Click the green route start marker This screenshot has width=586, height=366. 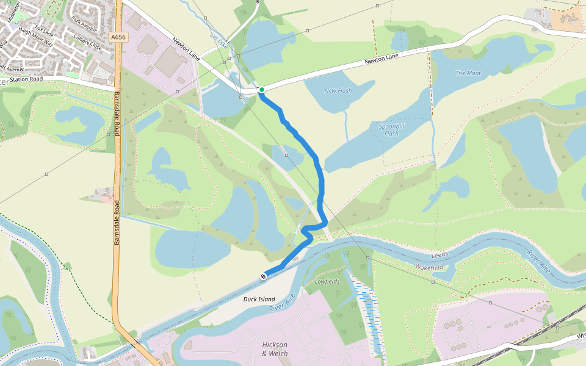(262, 90)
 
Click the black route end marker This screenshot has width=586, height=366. (264, 276)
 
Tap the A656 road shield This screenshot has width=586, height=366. (118, 37)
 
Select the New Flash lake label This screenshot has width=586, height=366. (338, 91)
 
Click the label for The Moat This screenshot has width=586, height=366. (468, 73)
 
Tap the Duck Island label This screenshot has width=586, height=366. (259, 299)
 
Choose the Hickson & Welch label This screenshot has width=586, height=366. (274, 349)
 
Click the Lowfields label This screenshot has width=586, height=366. (327, 282)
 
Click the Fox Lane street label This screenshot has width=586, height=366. (45, 29)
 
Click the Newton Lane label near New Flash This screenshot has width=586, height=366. (382, 59)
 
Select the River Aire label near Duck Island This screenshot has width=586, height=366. (282, 303)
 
